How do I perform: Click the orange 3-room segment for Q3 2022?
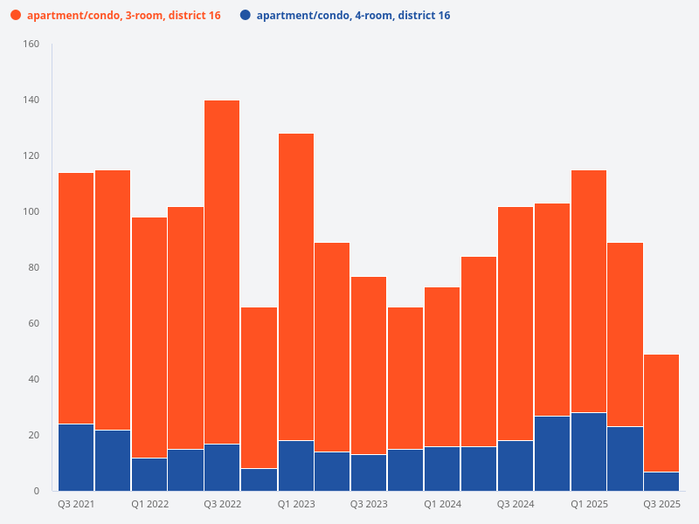point(222,272)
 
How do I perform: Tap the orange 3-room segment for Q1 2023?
point(295,286)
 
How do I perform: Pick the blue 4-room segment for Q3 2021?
point(76,457)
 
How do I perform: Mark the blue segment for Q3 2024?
point(515,465)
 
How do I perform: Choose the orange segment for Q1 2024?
point(441,366)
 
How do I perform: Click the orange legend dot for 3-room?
point(15,15)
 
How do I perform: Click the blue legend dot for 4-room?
point(245,15)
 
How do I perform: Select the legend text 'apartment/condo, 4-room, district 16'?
point(353,15)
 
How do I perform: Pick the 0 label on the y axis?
point(36,491)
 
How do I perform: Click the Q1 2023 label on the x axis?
point(296,504)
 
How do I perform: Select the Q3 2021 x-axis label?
point(76,504)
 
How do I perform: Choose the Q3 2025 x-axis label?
point(661,504)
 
